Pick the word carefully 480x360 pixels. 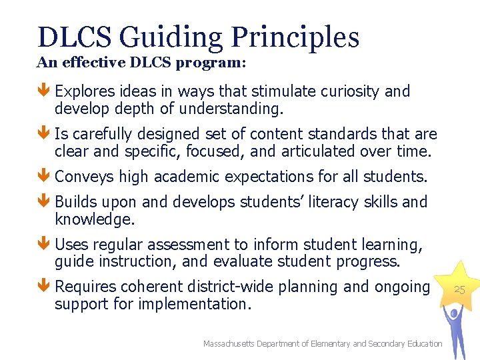click(x=100, y=134)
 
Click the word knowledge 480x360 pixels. click(x=94, y=219)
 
